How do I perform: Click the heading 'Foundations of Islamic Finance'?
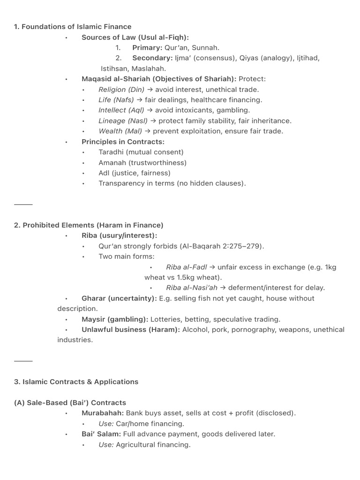[x=77, y=27]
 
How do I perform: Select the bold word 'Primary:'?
[x=147, y=47]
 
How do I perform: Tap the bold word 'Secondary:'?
[x=152, y=58]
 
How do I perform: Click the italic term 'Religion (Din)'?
[x=121, y=90]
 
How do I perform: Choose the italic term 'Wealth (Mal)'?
[x=120, y=131]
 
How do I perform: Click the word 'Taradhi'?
[x=111, y=152]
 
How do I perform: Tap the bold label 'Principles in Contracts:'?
[x=123, y=142]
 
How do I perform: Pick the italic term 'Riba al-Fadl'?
[x=186, y=267]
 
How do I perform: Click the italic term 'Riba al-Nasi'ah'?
[x=192, y=288]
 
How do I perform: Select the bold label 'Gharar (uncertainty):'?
[x=119, y=299]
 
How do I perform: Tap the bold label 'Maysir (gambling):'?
[x=115, y=319]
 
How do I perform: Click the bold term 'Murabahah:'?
[x=103, y=413]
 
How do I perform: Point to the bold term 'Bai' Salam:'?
[x=101, y=434]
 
